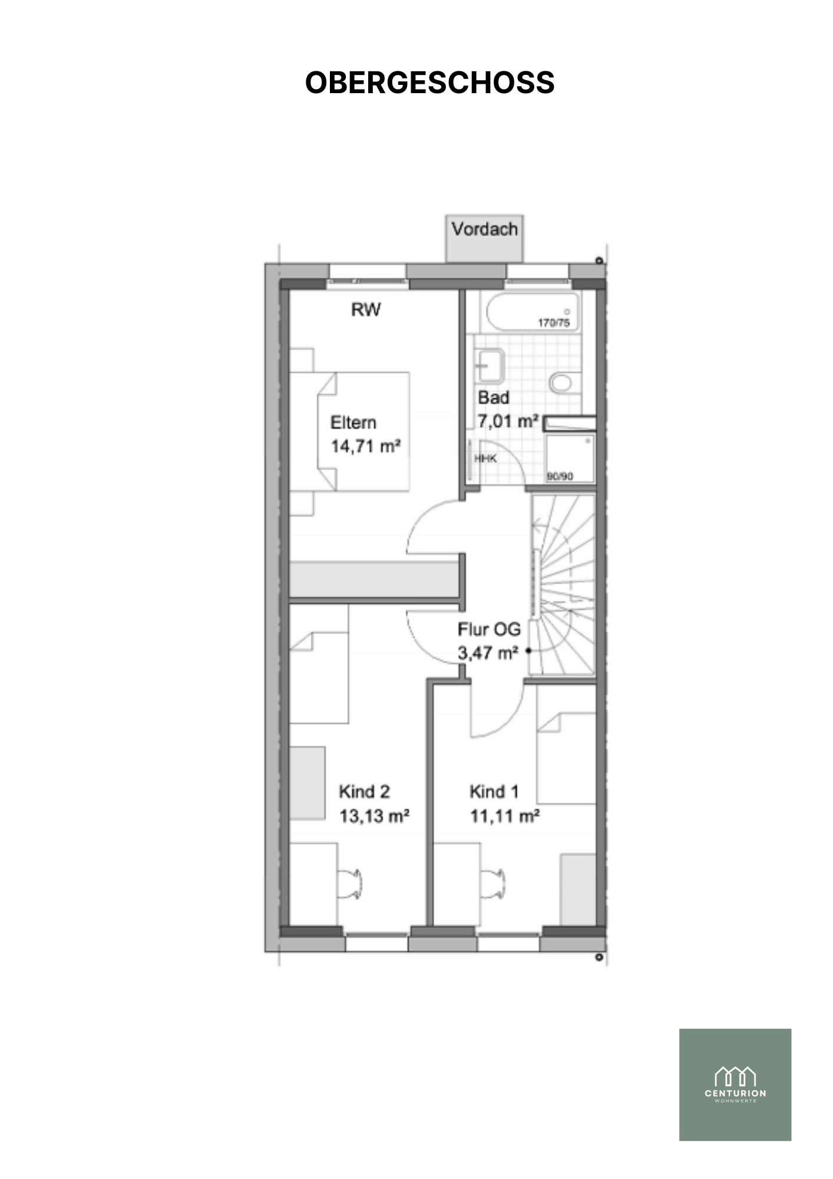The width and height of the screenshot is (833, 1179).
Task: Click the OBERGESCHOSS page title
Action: (429, 83)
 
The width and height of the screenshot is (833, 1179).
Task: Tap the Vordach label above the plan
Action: (485, 229)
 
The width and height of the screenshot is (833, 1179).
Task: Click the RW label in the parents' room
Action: (366, 309)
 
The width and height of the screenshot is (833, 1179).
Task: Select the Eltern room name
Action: (353, 423)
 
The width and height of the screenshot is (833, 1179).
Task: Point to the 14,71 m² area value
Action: (365, 446)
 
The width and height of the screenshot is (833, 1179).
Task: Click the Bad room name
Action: (493, 398)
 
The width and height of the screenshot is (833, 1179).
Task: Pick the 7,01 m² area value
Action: (508, 421)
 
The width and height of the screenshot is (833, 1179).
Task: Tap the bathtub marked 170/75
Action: (530, 312)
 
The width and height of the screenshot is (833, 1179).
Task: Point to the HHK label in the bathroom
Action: (485, 458)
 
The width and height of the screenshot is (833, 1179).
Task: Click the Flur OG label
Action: (489, 630)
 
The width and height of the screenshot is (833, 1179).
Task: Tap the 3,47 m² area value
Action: (488, 653)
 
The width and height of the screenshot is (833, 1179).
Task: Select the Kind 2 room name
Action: (364, 792)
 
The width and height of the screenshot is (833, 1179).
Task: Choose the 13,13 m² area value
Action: (374, 816)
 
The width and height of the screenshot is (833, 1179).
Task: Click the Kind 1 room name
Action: (494, 792)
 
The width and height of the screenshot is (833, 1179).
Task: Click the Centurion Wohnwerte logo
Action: (735, 1085)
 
